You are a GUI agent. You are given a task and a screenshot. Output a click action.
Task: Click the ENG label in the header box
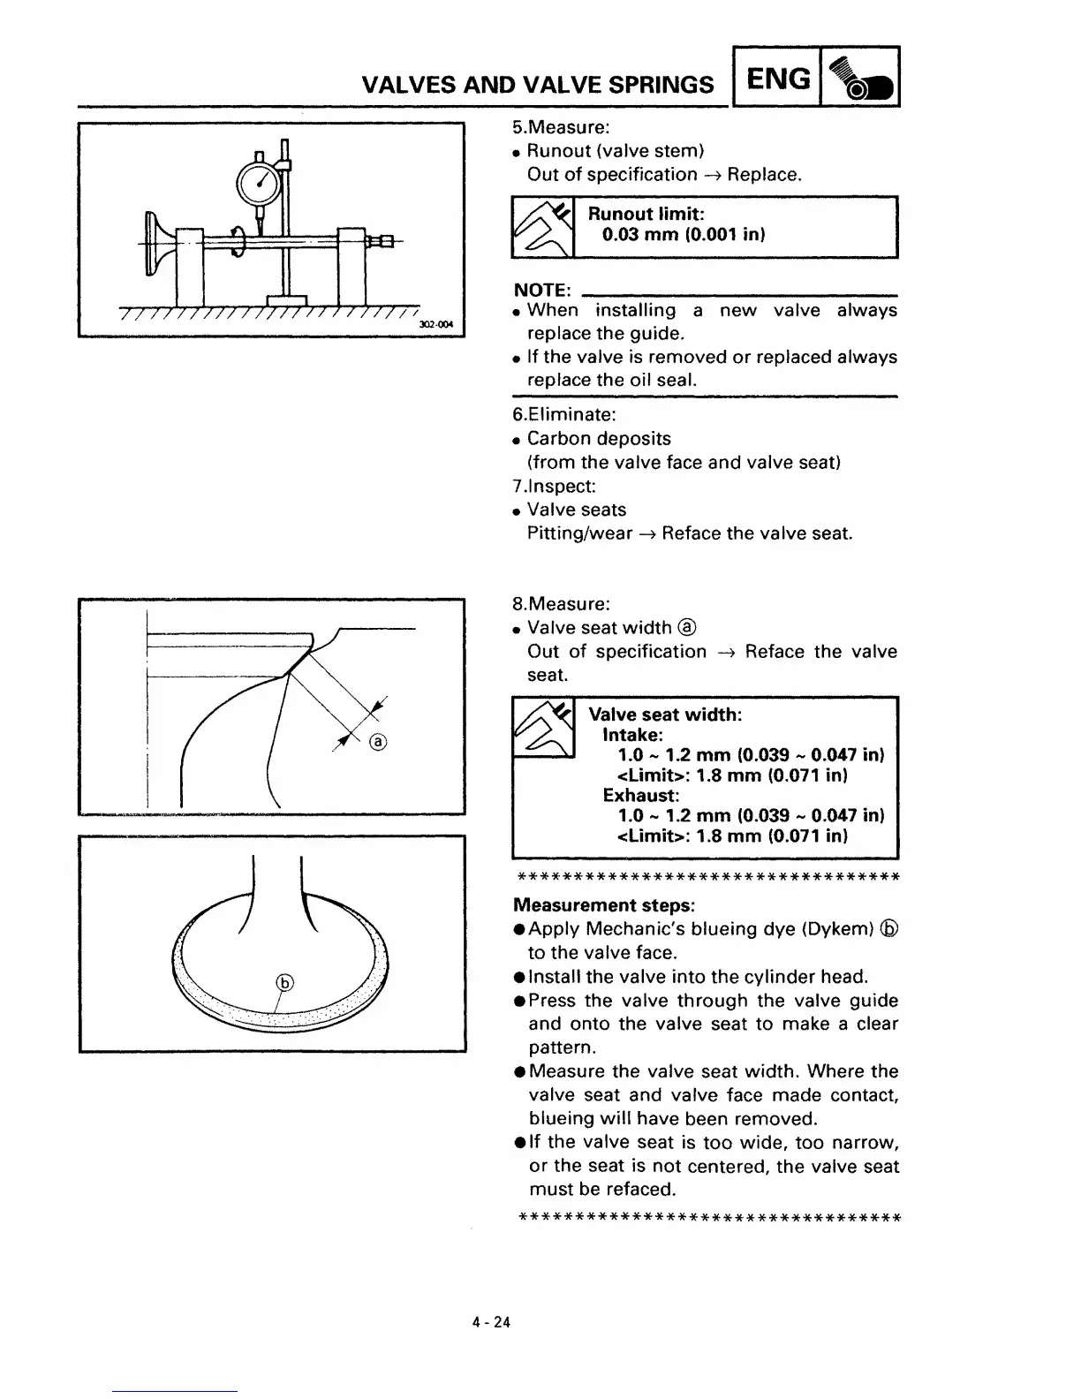(x=777, y=79)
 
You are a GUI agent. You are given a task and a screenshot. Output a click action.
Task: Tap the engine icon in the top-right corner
(x=860, y=79)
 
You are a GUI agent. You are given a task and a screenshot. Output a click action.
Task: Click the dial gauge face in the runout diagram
(x=259, y=183)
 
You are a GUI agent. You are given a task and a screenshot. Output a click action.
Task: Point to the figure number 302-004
(x=435, y=325)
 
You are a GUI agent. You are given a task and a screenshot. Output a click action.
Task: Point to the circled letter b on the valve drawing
(x=284, y=983)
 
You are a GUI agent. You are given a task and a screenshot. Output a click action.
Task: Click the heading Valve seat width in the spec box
(x=664, y=714)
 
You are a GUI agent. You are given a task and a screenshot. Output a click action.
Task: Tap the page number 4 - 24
(x=491, y=1322)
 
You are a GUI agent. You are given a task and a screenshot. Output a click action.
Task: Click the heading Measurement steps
(x=603, y=905)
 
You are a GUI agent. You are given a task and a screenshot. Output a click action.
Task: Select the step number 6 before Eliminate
(x=518, y=414)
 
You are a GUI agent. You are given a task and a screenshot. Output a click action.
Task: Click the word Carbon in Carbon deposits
(x=559, y=439)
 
